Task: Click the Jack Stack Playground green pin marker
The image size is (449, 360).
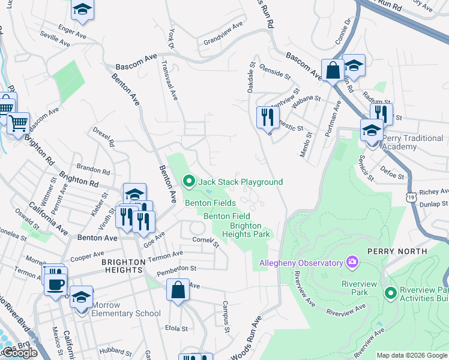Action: click(x=189, y=181)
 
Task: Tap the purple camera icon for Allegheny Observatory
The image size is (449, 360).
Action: click(x=352, y=262)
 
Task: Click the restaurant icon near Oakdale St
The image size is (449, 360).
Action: click(x=267, y=116)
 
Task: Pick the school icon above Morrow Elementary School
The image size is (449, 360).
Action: click(x=81, y=296)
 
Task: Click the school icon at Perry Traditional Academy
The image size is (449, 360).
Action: click(x=372, y=130)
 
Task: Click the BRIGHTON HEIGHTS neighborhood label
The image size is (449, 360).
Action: click(x=123, y=262)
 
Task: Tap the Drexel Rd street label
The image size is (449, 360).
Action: click(x=103, y=137)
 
